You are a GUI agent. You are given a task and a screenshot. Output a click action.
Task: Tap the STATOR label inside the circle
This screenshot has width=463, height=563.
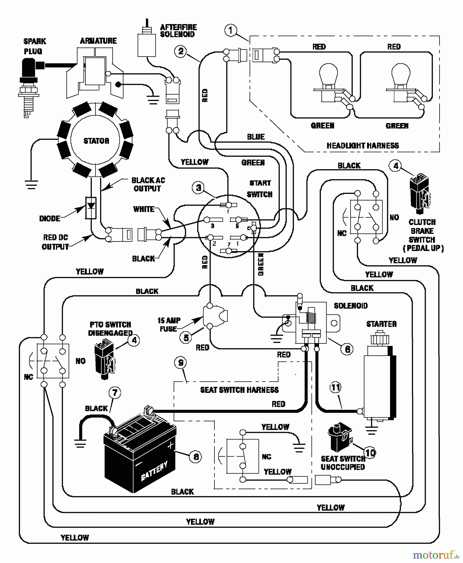96,141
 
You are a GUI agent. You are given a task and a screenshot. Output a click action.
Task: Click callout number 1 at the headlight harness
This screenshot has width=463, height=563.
231,30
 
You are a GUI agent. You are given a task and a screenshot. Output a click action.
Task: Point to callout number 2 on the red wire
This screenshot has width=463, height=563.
181,51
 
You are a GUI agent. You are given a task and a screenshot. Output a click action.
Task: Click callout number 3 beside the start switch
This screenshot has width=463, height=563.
198,188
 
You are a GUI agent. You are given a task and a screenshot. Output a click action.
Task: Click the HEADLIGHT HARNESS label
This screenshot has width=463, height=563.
363,145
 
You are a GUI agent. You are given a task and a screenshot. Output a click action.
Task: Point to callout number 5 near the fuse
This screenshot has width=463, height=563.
186,337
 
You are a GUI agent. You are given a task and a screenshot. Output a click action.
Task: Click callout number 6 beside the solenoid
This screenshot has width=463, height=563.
347,349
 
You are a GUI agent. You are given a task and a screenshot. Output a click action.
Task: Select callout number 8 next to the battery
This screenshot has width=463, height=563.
196,457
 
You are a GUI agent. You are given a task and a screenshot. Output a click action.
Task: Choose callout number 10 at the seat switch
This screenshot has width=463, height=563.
370,453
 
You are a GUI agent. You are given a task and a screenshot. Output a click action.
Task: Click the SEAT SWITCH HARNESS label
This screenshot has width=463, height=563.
239,390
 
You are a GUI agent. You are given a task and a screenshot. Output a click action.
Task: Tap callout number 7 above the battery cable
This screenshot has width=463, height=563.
115,393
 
